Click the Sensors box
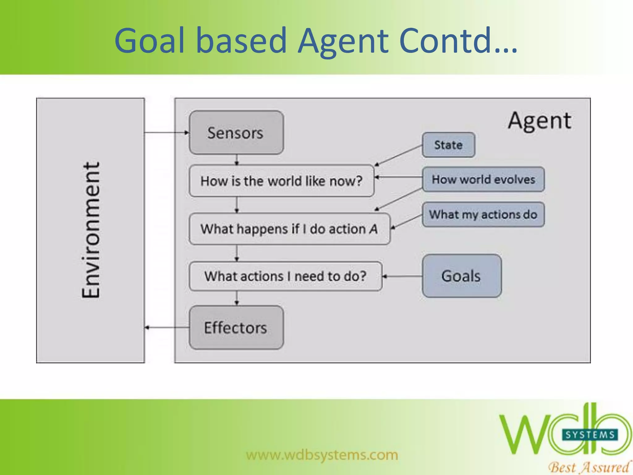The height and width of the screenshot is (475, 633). click(x=236, y=133)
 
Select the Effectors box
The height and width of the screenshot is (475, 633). click(x=236, y=327)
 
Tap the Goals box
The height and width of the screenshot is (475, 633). click(x=461, y=276)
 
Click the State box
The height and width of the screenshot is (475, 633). click(x=448, y=145)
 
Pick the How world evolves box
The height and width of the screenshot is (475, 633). click(x=483, y=179)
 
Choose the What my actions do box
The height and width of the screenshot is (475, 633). click(x=483, y=214)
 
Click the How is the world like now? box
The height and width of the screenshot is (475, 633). click(x=281, y=181)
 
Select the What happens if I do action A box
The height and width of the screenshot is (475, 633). click(x=289, y=229)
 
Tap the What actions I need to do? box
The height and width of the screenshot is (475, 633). click(x=285, y=276)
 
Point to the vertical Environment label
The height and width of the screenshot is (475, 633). click(x=91, y=230)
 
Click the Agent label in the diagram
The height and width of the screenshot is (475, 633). click(x=540, y=121)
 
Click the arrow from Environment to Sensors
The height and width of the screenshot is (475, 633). click(x=167, y=133)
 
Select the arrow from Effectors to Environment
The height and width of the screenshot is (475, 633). click(x=167, y=327)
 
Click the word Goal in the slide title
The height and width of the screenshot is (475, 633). click(x=150, y=41)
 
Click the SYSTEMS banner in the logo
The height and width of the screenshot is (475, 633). click(x=590, y=435)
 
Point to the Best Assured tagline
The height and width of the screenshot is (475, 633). click(x=589, y=467)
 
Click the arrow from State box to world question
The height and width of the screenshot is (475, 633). click(x=399, y=155)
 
